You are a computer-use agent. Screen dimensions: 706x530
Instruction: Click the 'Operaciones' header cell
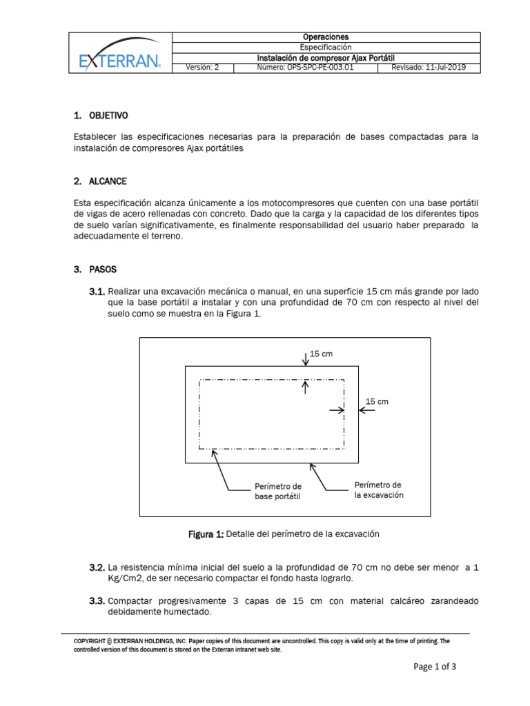tap(326, 37)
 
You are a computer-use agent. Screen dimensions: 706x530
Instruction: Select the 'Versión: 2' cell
tap(202, 68)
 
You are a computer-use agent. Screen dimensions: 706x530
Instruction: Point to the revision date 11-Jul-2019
tap(429, 68)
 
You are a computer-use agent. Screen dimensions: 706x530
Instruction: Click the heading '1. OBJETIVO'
tap(100, 114)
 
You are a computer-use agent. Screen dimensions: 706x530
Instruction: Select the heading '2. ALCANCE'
tap(99, 181)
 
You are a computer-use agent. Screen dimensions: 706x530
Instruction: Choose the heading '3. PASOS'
tap(95, 268)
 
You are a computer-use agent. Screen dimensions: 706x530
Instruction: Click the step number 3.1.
tap(97, 292)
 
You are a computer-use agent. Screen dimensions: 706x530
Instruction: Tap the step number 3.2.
tap(97, 567)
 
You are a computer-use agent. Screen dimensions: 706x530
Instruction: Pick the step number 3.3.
tap(97, 601)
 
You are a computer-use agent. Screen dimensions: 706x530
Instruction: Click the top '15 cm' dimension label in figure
tap(322, 354)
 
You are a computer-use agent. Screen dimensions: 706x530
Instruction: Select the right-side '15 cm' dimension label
tap(377, 401)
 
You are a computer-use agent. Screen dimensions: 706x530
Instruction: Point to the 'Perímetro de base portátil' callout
tap(277, 491)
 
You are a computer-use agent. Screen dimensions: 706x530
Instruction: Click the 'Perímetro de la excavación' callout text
tap(378, 490)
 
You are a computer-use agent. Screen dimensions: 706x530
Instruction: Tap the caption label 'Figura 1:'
tap(206, 534)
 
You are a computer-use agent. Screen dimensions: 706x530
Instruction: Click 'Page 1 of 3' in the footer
tap(435, 667)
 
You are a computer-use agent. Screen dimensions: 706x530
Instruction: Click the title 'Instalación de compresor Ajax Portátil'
tap(326, 58)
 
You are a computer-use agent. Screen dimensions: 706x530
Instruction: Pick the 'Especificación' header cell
tap(326, 47)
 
